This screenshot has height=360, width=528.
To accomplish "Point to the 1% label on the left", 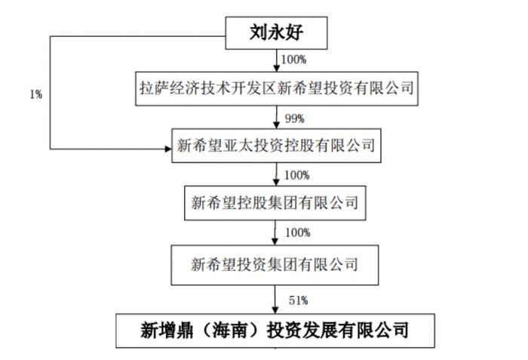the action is coord(36,94).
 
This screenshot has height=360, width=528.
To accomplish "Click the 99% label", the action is coord(295,118).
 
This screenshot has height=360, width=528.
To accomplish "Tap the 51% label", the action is coord(299,300).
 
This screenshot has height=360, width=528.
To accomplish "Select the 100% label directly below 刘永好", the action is coord(293,60).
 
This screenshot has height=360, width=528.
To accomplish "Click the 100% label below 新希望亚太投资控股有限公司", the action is coord(296,175).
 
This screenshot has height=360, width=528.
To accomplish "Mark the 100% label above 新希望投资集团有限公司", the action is coord(298,232).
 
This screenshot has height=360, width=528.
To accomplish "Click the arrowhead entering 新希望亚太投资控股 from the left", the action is coord(168,149).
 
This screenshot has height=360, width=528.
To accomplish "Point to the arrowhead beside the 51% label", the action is coord(275,310).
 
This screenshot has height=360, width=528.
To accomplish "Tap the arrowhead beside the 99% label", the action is coord(277,125).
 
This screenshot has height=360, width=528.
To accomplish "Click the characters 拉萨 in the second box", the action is coord(155,88).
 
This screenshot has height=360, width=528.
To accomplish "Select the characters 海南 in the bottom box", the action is coord(229,331).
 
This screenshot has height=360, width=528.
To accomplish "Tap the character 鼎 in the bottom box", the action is coord(185,331).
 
